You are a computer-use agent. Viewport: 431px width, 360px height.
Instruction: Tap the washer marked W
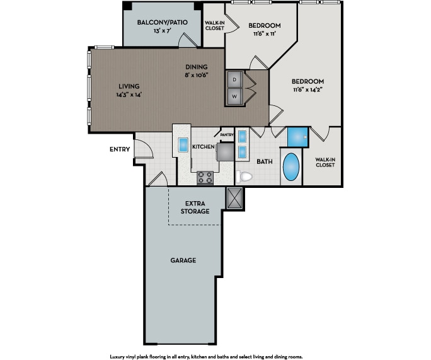(234, 96)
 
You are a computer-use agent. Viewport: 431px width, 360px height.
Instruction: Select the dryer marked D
(234, 80)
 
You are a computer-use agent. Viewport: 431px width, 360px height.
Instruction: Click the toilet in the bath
(244, 177)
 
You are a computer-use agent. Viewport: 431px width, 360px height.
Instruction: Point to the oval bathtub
(291, 168)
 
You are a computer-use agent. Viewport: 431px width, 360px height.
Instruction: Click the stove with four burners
(205, 177)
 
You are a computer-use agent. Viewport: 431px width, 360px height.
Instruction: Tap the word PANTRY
(227, 134)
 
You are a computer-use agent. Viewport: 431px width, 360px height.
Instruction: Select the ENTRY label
(119, 149)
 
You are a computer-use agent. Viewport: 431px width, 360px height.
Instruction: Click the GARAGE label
(183, 260)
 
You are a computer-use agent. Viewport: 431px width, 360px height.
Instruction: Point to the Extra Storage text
(197, 207)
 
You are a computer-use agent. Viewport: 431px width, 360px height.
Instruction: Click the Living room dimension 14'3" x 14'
(129, 95)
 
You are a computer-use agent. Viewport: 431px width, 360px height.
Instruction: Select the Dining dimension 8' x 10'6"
(196, 74)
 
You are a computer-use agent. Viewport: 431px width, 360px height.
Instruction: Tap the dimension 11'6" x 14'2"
(307, 90)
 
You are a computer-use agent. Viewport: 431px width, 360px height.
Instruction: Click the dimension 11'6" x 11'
(263, 34)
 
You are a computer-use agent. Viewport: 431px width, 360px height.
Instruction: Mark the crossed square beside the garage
(234, 198)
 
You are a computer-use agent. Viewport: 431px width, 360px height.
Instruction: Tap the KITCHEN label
(203, 147)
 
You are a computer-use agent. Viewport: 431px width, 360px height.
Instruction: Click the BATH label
(264, 161)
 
